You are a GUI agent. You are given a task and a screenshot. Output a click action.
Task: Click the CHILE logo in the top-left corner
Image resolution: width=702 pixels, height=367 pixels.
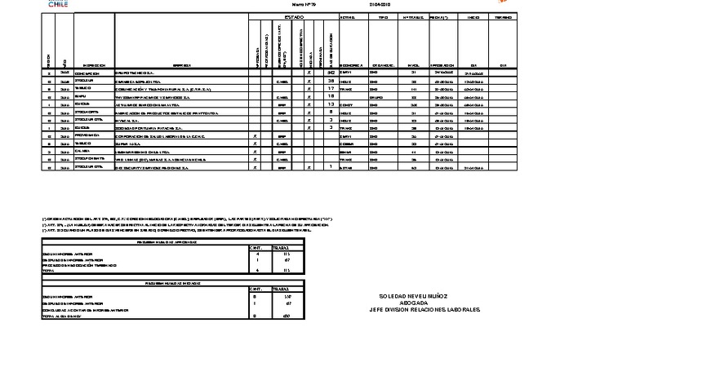pyautogui.click(x=58, y=4)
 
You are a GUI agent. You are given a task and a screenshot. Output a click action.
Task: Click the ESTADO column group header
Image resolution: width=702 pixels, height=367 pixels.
pyautogui.click(x=293, y=16)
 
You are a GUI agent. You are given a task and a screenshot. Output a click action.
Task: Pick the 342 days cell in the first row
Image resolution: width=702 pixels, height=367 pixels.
pyautogui.click(x=331, y=73)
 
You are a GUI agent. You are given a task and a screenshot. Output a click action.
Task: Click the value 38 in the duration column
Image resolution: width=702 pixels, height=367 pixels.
pyautogui.click(x=331, y=82)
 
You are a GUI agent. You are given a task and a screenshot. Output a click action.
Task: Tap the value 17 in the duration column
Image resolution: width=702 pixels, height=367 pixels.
pyautogui.click(x=331, y=89)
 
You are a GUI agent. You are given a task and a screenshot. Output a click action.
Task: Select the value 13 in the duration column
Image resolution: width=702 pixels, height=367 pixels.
pyautogui.click(x=331, y=104)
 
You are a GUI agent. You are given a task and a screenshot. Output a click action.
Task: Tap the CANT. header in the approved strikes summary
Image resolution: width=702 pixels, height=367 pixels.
pyautogui.click(x=256, y=248)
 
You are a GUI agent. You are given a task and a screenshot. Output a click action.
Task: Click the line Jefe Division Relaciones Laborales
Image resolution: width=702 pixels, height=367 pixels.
pyautogui.click(x=424, y=310)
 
